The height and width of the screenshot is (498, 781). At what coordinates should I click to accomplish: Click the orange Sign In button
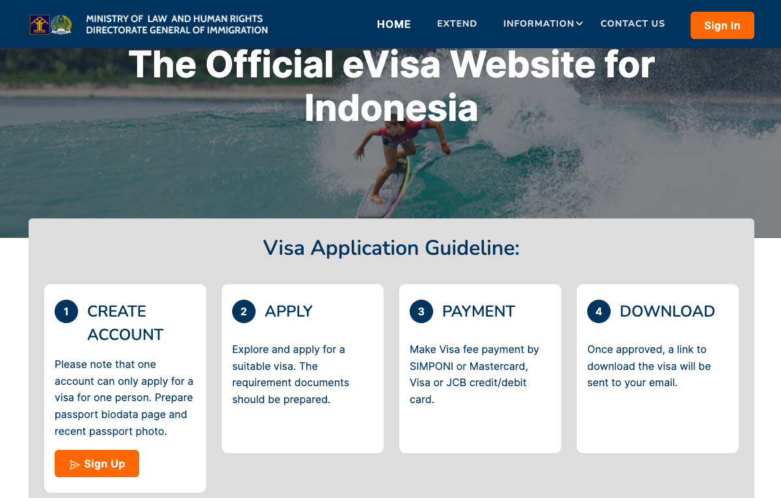pyautogui.click(x=722, y=25)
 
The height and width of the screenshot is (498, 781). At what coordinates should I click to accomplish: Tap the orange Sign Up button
pyautogui.click(x=97, y=464)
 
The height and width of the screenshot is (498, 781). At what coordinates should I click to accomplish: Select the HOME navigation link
pyautogui.click(x=393, y=24)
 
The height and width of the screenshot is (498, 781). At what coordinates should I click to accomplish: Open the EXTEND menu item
pyautogui.click(x=457, y=23)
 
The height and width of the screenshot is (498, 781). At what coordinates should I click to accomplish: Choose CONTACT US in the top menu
pyautogui.click(x=632, y=23)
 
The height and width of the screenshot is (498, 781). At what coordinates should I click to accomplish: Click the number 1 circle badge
pyautogui.click(x=66, y=311)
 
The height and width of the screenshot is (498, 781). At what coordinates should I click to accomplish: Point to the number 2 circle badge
pyautogui.click(x=244, y=311)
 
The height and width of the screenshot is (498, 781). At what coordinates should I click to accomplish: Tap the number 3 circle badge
pyautogui.click(x=421, y=311)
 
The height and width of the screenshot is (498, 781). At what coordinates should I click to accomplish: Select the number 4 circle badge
pyautogui.click(x=599, y=311)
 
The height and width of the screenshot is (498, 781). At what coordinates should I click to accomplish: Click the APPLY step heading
pyautogui.click(x=289, y=311)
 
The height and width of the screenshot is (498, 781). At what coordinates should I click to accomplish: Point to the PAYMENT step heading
pyautogui.click(x=479, y=311)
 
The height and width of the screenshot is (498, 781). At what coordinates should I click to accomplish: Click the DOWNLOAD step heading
pyautogui.click(x=667, y=311)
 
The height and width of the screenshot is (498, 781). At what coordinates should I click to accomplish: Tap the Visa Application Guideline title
pyautogui.click(x=391, y=248)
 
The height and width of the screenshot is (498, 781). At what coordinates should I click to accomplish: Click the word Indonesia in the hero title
pyautogui.click(x=391, y=108)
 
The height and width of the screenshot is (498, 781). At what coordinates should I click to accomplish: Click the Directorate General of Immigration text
pyautogui.click(x=177, y=30)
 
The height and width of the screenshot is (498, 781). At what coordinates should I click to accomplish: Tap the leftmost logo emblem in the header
pyautogui.click(x=39, y=25)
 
